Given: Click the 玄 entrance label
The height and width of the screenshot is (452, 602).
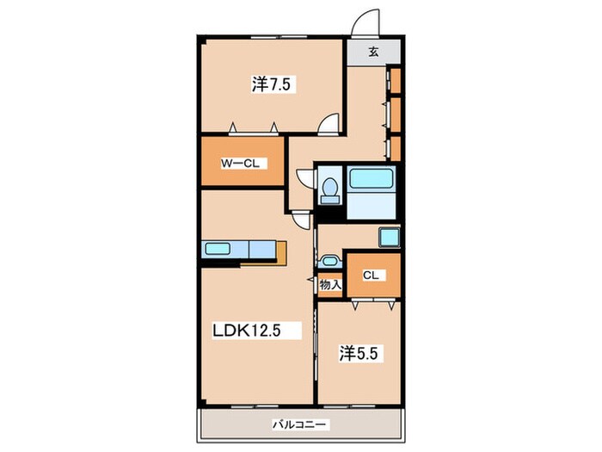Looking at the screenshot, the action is click(373, 52).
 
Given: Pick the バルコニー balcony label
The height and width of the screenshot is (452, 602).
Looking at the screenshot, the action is click(299, 424).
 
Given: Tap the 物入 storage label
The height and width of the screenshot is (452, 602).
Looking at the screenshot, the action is click(330, 285).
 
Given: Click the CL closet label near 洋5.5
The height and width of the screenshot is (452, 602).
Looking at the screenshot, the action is click(371, 276).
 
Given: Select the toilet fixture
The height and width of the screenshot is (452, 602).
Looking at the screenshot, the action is click(329, 190).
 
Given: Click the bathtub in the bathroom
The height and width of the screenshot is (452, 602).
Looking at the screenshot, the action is click(372, 178).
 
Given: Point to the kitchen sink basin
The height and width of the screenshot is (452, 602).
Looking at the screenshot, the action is click(218, 248).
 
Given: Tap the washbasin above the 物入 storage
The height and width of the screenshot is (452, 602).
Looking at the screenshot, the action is click(329, 262).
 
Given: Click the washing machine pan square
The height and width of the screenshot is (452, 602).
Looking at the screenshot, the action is click(390, 238).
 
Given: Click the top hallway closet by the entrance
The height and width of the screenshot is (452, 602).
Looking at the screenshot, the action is click(395, 80).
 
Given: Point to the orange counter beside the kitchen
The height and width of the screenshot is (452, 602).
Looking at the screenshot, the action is click(281, 253).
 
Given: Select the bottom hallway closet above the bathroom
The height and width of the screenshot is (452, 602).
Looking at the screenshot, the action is click(395, 148).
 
